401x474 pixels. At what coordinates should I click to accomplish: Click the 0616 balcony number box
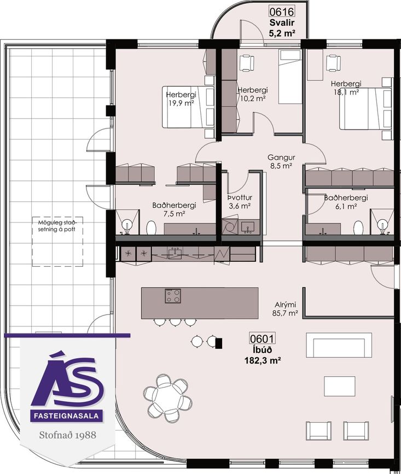282,12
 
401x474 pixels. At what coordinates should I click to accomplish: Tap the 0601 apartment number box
262,338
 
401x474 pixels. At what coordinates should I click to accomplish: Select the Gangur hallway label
281,157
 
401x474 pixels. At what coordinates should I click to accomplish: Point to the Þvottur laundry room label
240,198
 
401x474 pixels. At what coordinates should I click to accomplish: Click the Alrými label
286,305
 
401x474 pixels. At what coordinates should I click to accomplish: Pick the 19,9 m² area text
181,103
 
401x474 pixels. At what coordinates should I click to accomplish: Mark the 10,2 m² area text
253,98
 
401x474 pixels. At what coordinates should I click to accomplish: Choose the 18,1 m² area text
346,92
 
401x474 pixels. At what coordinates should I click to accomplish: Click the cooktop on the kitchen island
173,296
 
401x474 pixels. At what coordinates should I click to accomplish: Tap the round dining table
168,398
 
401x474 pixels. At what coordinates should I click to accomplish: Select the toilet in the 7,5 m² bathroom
151,227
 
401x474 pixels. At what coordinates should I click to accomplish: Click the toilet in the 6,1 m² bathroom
358,227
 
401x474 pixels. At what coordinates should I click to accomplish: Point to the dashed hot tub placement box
57,242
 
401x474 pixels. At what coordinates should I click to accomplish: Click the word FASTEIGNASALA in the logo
67,416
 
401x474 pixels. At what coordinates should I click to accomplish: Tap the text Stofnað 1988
67,435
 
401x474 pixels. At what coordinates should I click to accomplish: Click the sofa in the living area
339,345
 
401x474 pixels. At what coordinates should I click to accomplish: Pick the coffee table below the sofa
340,386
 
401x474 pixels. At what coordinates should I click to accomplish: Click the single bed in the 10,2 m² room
290,77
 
